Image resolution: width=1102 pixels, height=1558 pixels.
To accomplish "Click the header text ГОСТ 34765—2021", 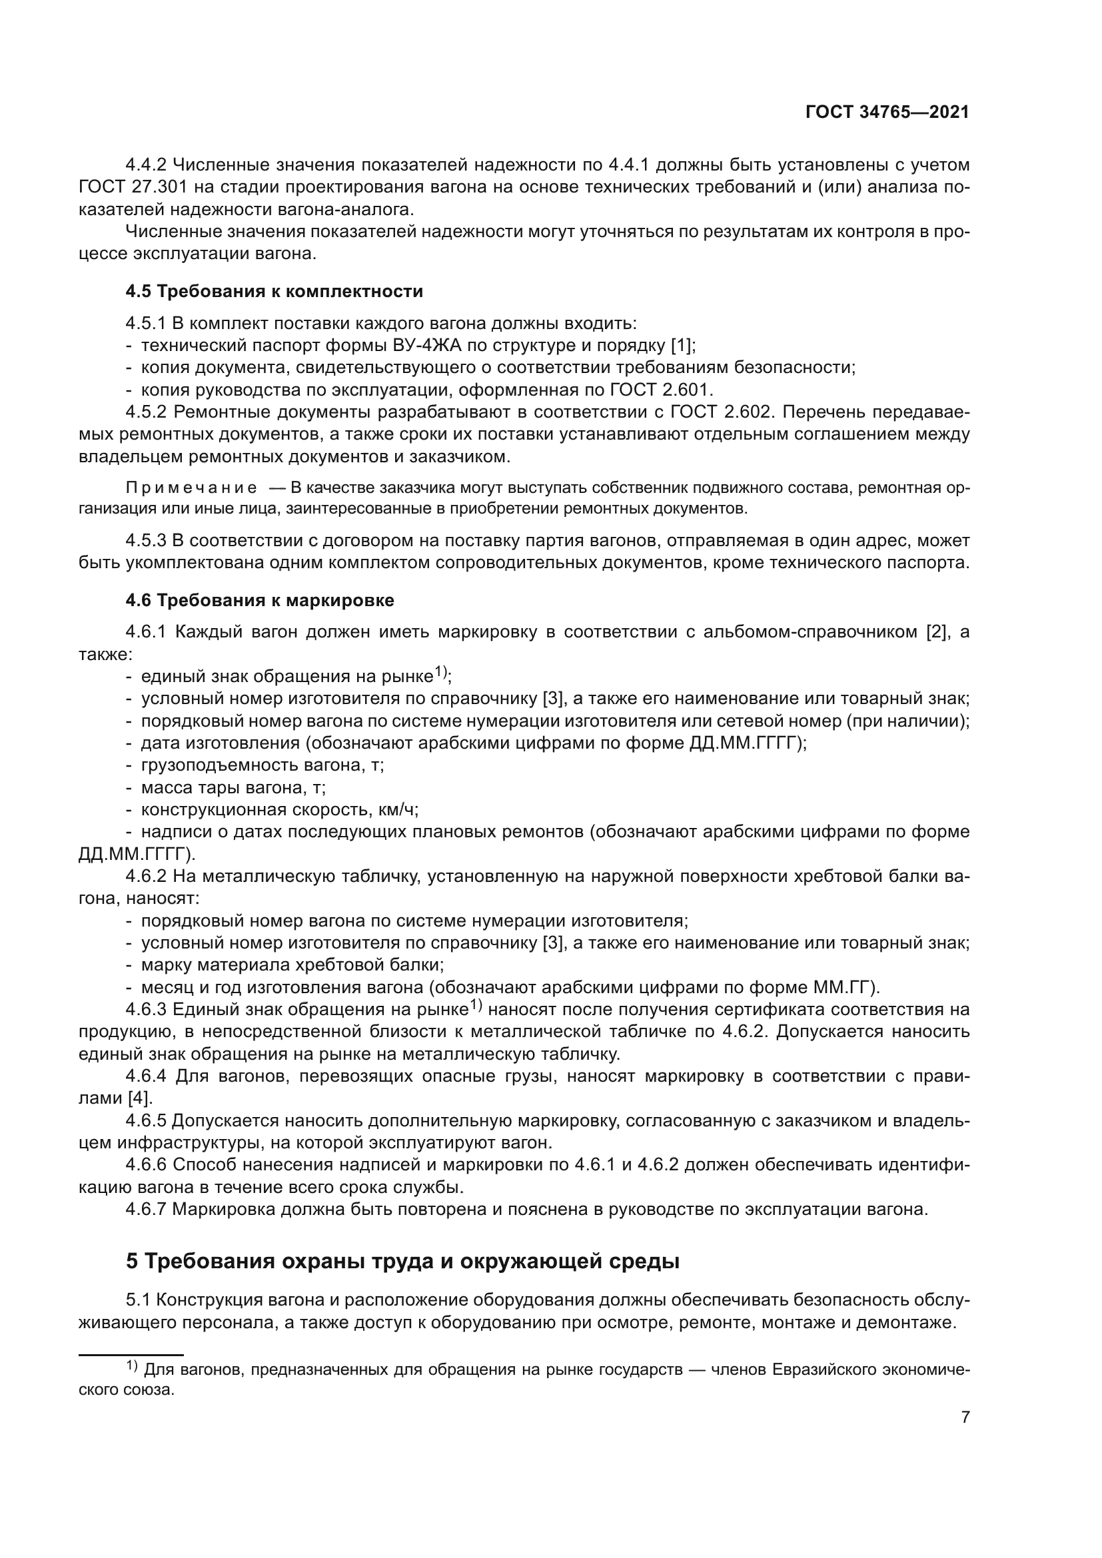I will [887, 113].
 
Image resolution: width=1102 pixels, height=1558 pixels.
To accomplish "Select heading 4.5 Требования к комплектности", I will [274, 292].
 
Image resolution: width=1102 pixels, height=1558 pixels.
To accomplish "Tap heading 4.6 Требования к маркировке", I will [260, 601].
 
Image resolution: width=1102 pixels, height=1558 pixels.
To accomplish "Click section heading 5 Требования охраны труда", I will [402, 1262].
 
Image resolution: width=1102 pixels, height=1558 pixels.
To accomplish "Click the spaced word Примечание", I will [191, 488].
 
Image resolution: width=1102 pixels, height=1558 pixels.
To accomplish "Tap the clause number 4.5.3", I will [146, 541].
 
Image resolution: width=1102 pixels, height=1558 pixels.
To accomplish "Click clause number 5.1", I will [138, 1300].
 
